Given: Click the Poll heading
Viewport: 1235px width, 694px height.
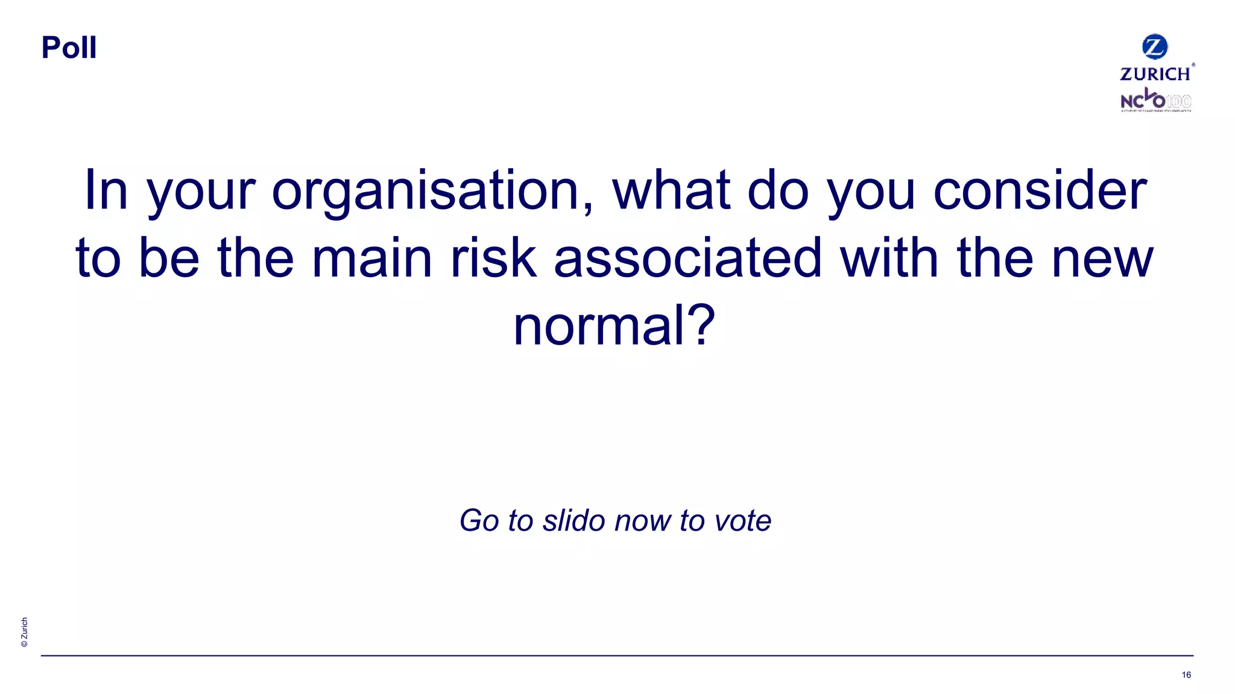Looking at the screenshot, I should pyautogui.click(x=69, y=48).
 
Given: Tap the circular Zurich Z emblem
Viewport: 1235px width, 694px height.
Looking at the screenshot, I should pyautogui.click(x=1155, y=47).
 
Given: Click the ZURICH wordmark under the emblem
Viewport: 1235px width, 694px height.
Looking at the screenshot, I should pyautogui.click(x=1155, y=74).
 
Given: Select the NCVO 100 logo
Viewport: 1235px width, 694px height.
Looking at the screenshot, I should pyautogui.click(x=1155, y=101).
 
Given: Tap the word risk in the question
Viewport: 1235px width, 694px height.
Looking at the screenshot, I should pyautogui.click(x=493, y=259).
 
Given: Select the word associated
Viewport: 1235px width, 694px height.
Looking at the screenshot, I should pyautogui.click(x=687, y=259).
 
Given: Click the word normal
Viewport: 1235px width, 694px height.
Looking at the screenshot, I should pyautogui.click(x=597, y=326).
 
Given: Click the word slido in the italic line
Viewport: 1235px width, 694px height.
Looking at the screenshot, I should pyautogui.click(x=574, y=520).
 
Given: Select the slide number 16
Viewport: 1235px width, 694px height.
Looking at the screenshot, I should pyautogui.click(x=1186, y=675).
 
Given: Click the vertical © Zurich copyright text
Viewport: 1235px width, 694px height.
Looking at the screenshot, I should pyautogui.click(x=24, y=632).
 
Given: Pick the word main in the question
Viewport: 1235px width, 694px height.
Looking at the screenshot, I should pyautogui.click(x=372, y=259).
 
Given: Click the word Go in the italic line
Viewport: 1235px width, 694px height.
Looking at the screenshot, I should pyautogui.click(x=479, y=520).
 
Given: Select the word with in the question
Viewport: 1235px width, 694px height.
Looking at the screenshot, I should pyautogui.click(x=889, y=259).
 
